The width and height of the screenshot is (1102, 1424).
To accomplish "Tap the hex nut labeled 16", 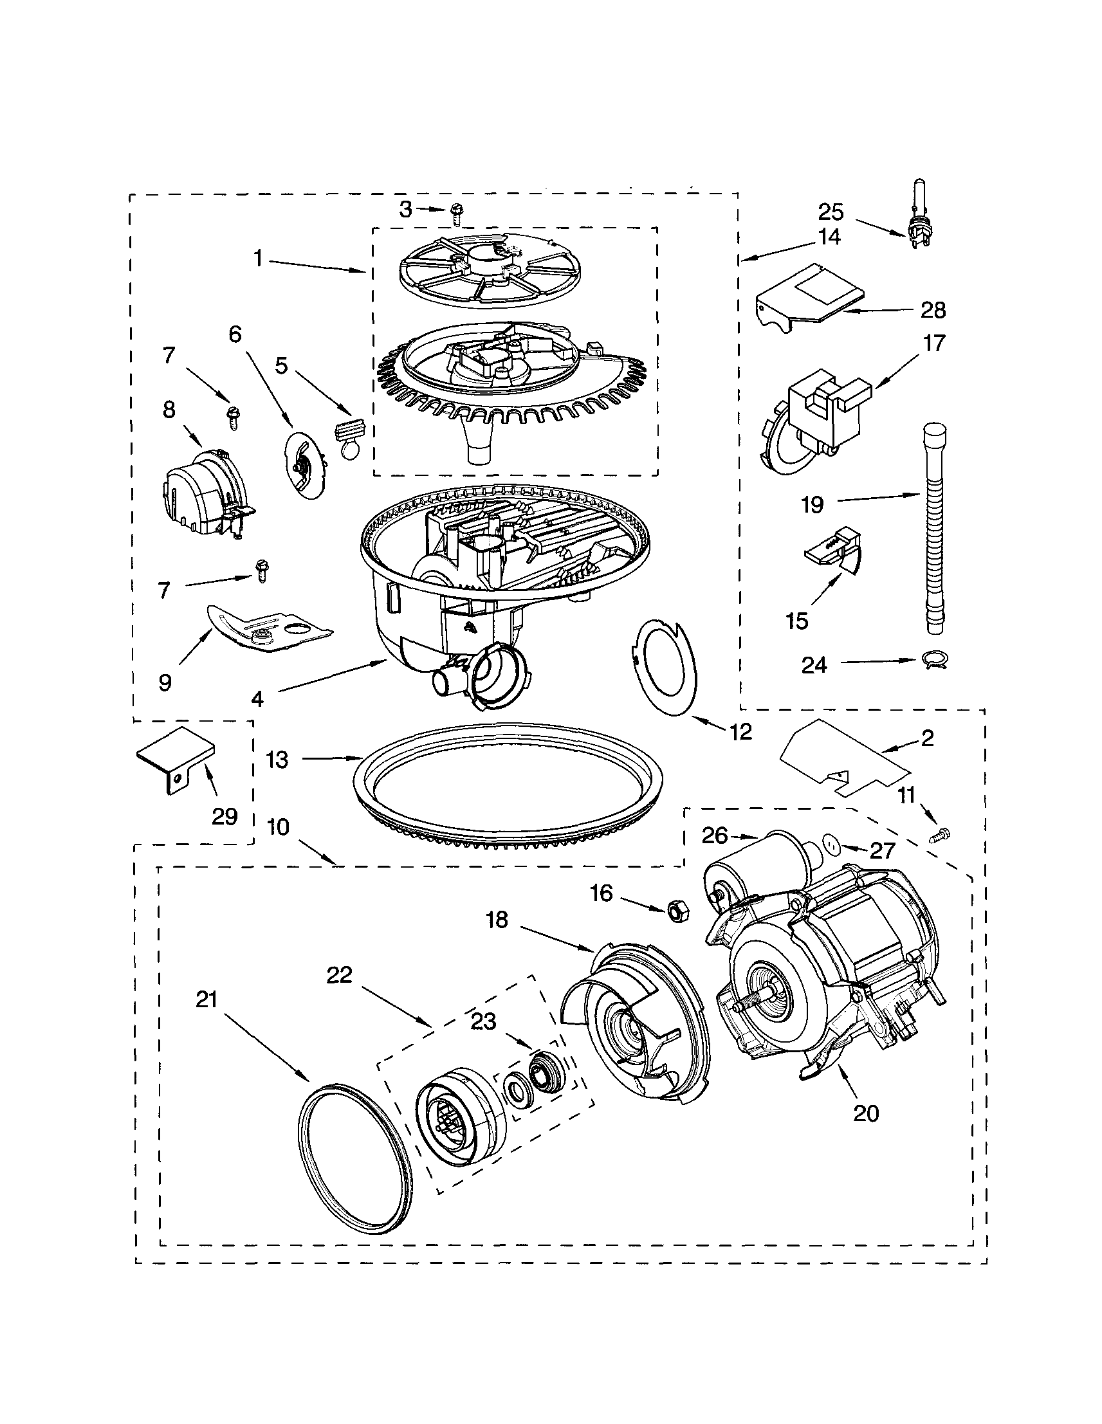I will pos(675,909).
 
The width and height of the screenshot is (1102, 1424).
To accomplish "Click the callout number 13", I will pos(277,760).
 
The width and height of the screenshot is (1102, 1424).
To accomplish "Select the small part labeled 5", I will pos(349,435).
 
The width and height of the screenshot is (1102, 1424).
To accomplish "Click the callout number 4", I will pos(257,699).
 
